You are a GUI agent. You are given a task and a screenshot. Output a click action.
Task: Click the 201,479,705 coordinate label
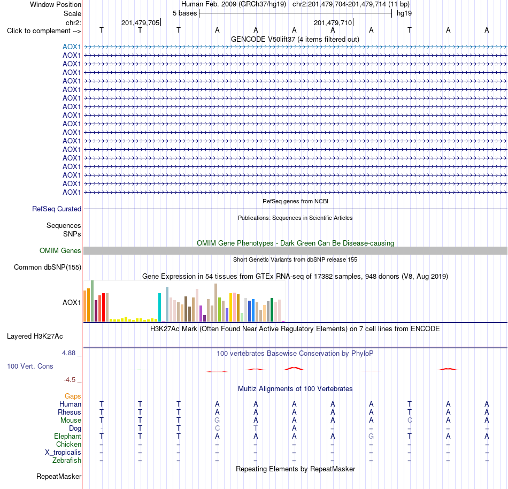[140, 22]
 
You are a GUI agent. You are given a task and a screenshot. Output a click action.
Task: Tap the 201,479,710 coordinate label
[333, 22]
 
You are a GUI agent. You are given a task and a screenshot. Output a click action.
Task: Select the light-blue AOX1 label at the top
[72, 47]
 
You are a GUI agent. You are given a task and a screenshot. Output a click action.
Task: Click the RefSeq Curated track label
[57, 209]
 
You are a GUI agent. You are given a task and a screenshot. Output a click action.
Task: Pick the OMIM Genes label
[60, 250]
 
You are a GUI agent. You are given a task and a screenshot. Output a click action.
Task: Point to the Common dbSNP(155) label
[48, 268]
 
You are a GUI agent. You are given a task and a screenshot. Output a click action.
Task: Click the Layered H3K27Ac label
[35, 337]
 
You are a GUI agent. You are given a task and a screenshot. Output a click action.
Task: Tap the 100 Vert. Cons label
[30, 366]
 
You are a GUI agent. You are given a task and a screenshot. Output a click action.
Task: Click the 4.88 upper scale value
[68, 353]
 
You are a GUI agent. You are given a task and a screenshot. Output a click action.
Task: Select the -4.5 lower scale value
[70, 379]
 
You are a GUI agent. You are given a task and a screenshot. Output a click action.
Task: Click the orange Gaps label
[73, 396]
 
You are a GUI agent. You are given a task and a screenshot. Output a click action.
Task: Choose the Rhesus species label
[70, 412]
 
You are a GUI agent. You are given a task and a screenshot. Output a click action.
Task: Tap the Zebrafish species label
[67, 460]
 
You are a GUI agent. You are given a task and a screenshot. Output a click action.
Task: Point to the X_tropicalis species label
[63, 453]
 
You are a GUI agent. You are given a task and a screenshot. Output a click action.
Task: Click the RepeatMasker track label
[59, 476]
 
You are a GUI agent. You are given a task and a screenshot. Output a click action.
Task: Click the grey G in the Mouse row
[217, 421]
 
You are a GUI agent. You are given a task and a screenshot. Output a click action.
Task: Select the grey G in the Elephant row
[371, 436]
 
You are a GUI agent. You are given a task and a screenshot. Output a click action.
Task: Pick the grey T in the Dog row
[256, 428]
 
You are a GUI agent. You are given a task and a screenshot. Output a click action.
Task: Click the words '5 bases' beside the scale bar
[184, 13]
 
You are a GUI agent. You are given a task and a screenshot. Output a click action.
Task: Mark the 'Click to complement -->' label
[44, 31]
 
